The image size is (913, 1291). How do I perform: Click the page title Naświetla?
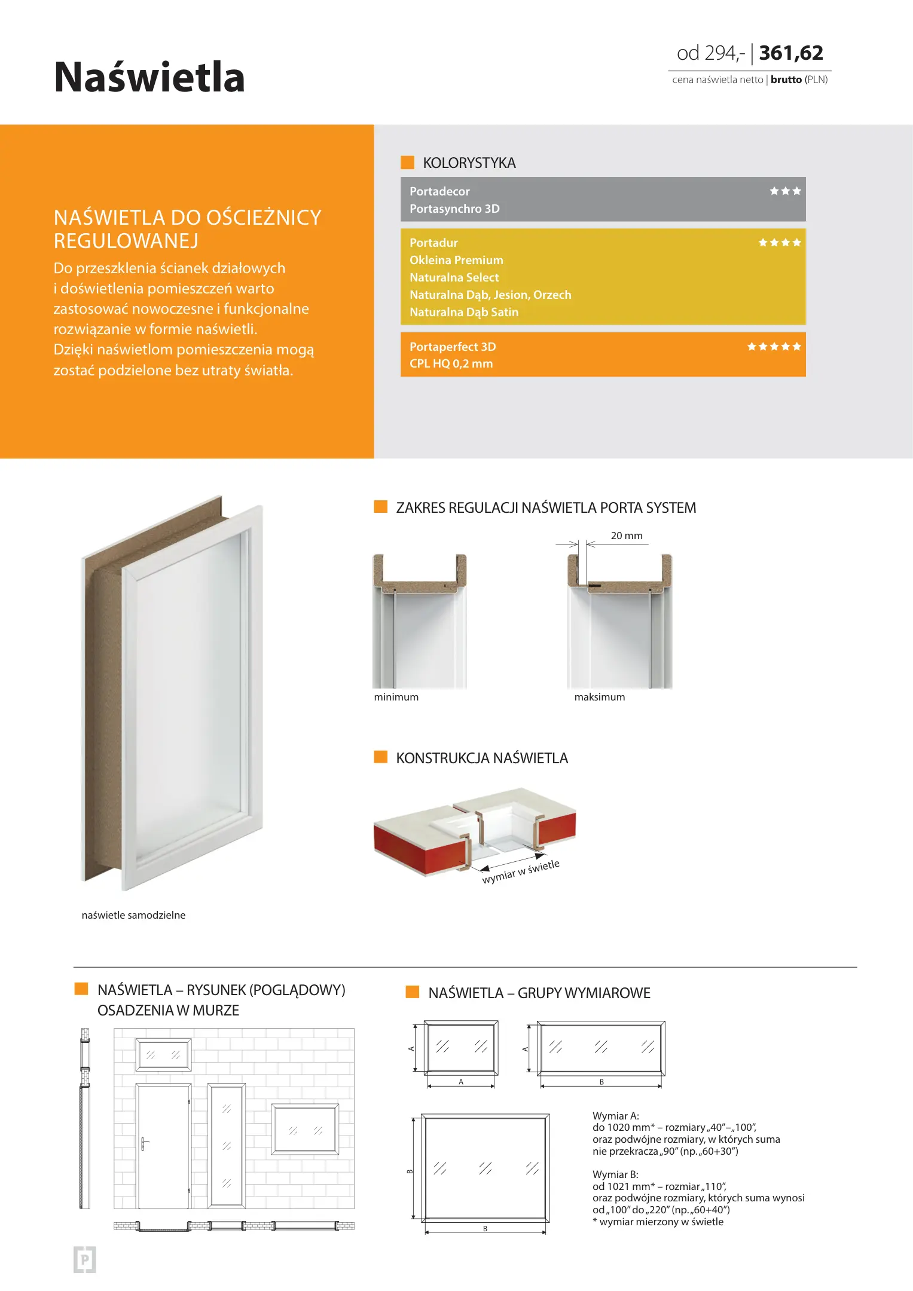click(149, 78)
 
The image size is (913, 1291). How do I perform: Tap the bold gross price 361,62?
click(791, 53)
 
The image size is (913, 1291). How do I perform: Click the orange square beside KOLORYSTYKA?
click(407, 163)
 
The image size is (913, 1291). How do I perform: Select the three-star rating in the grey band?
click(785, 191)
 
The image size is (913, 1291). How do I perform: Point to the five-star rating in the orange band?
click(774, 347)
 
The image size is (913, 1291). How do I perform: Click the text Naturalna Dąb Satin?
click(464, 312)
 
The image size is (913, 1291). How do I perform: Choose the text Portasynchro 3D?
click(454, 209)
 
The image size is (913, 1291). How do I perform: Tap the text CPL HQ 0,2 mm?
click(451, 363)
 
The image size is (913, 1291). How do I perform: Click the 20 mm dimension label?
click(627, 536)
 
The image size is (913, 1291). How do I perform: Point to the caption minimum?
click(396, 697)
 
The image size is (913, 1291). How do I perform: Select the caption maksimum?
click(600, 697)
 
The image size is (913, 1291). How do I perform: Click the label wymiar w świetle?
click(521, 871)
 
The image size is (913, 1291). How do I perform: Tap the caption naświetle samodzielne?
click(133, 915)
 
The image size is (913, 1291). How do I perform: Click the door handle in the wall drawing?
click(144, 1143)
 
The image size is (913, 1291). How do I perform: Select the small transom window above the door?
click(164, 1055)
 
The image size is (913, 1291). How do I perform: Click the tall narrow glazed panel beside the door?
click(227, 1146)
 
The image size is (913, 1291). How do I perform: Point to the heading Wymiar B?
click(615, 1174)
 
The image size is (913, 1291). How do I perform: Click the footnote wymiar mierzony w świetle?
click(661, 1222)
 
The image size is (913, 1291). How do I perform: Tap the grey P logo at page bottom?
click(85, 1260)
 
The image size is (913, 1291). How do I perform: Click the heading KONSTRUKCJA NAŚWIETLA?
click(482, 758)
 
